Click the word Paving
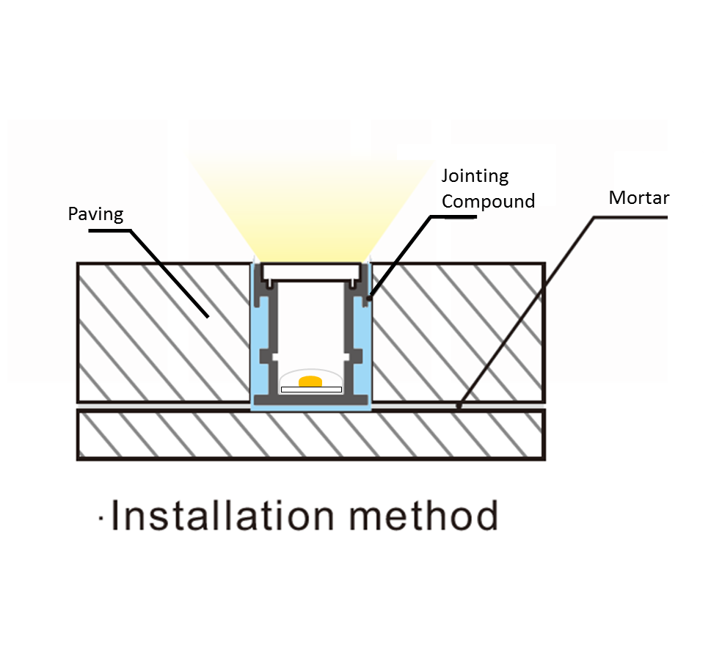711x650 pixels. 95,214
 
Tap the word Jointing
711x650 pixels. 475,176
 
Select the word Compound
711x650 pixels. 488,201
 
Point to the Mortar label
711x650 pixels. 638,197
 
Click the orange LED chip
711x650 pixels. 311,381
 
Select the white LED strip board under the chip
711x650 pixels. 311,390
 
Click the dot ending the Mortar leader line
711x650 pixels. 459,405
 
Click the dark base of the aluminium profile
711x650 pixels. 311,398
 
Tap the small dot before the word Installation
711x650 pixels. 102,522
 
